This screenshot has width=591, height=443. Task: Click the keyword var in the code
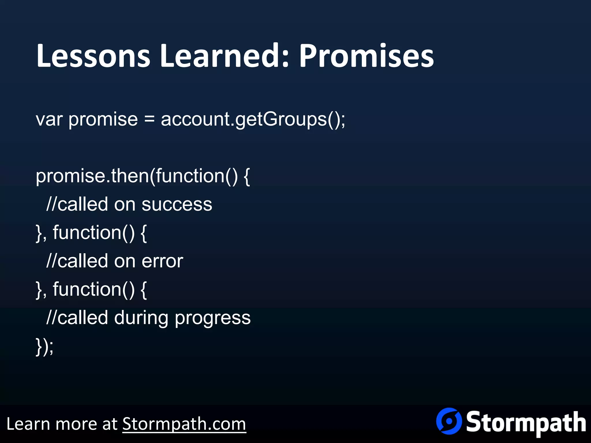click(x=49, y=119)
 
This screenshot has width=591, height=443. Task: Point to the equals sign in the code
click(x=149, y=119)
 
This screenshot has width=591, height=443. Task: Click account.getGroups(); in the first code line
click(x=253, y=119)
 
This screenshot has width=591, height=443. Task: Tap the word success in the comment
click(x=177, y=204)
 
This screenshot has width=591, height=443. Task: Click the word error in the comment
click(x=162, y=261)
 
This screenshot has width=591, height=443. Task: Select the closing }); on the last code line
click(x=45, y=346)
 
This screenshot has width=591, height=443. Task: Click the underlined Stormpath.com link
click(x=184, y=424)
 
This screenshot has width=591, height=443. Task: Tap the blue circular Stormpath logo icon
click(x=448, y=421)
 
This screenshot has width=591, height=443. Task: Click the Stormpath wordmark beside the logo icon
click(x=526, y=423)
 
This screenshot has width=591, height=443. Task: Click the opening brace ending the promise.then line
click(x=246, y=177)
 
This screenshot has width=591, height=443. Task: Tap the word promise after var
click(x=103, y=119)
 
